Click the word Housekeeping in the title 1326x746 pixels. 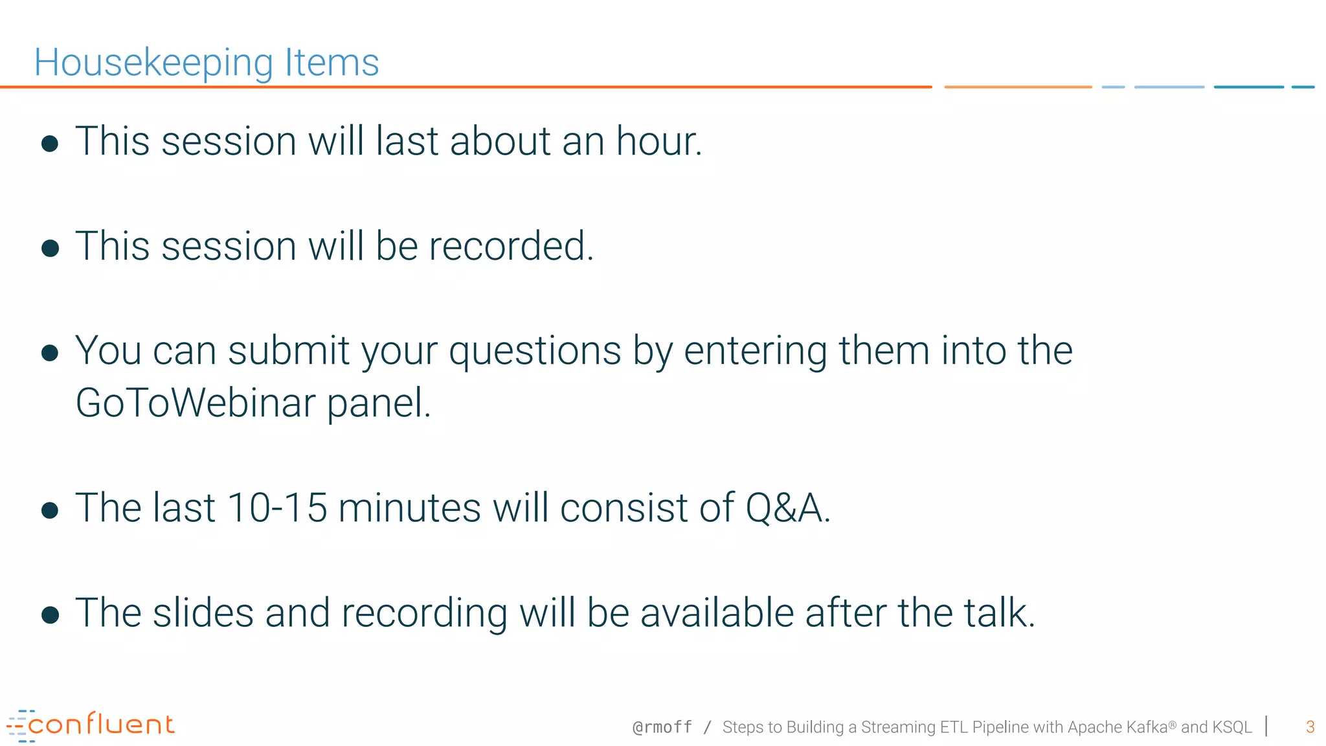pyautogui.click(x=153, y=63)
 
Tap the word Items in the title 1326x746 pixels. pyautogui.click(x=331, y=63)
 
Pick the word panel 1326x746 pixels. pyautogui.click(x=378, y=404)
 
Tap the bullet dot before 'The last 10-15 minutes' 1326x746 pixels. pyautogui.click(x=50, y=510)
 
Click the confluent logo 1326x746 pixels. pyautogui.click(x=91, y=725)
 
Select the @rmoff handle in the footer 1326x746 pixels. pyautogui.click(x=662, y=727)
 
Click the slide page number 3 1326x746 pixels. pyautogui.click(x=1310, y=727)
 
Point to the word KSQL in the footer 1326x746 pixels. pyautogui.click(x=1232, y=727)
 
